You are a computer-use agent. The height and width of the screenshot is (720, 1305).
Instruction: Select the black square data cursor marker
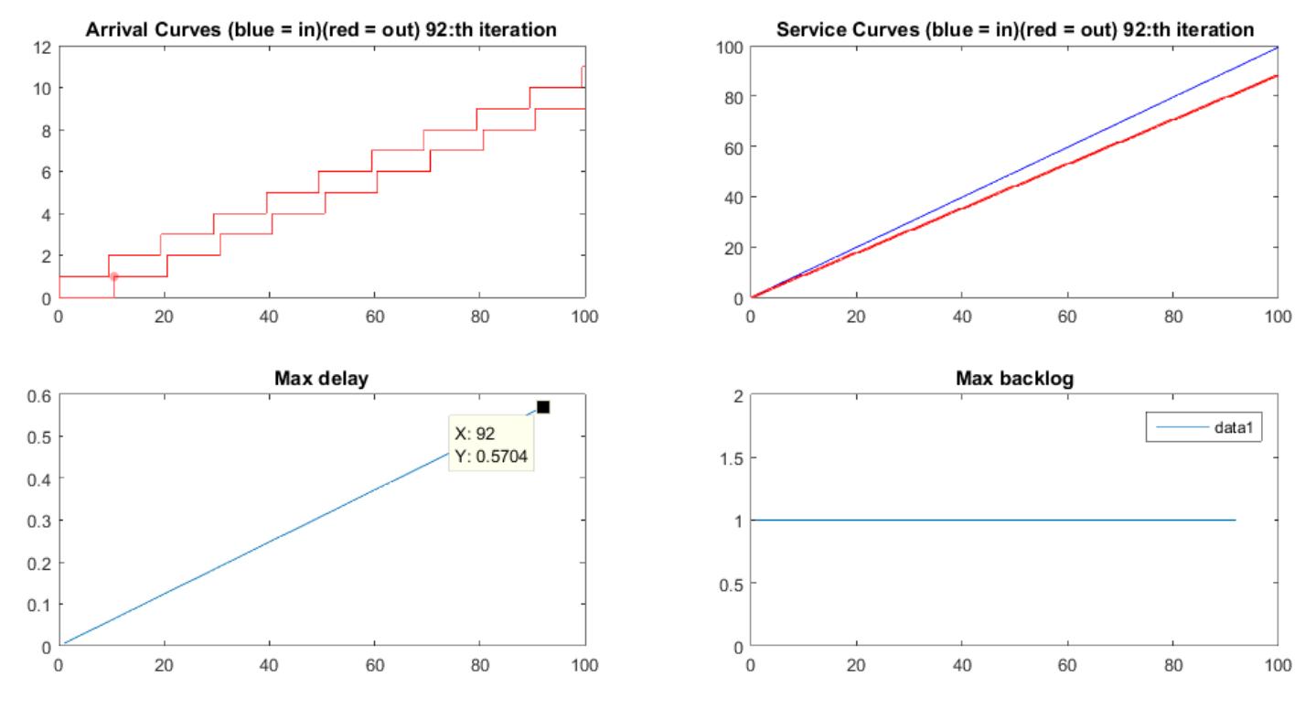542,406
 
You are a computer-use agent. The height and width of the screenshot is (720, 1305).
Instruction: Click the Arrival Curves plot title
321,29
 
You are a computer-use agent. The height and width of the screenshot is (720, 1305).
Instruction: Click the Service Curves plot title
1015,29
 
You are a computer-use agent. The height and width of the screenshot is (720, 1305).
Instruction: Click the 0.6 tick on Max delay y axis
37,394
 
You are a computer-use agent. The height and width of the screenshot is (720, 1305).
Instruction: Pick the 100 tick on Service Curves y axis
728,46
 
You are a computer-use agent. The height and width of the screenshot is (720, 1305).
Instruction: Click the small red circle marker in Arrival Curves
113,276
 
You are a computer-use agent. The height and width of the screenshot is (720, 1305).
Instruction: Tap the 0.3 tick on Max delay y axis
37,520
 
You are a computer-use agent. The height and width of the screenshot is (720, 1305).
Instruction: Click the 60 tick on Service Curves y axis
732,146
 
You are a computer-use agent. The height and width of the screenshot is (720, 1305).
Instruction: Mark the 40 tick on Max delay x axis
269,665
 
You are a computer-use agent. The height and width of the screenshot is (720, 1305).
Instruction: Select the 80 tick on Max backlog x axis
1172,665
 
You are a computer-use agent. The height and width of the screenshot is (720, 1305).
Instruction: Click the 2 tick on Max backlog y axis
737,394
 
